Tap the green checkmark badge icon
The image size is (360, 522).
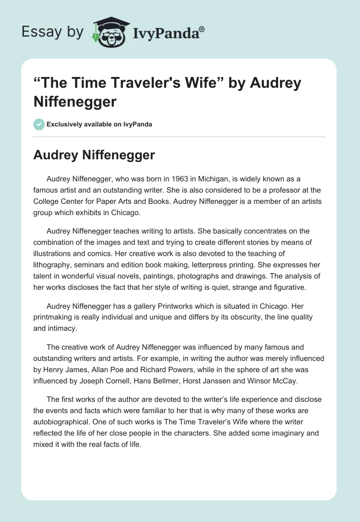(x=39, y=124)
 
